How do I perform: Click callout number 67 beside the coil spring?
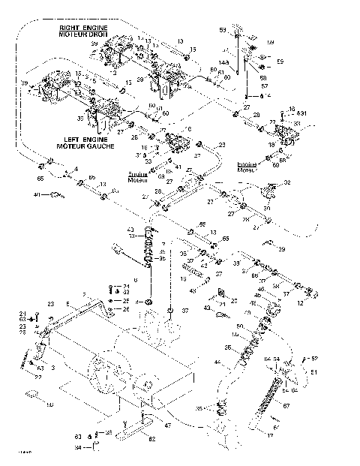pos(286,405)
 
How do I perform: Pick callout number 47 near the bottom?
pos(167,425)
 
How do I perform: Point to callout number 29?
pos(281,249)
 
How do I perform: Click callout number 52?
pos(314,358)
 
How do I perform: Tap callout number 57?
pos(263,86)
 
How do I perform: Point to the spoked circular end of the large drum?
pos(100,374)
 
